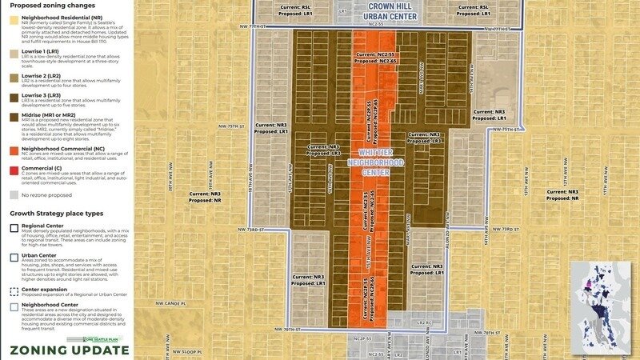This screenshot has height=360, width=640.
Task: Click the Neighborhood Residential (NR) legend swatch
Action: (14, 18)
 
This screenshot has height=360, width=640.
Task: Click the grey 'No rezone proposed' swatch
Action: (14, 172)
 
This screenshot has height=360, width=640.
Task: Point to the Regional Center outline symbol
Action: (14, 226)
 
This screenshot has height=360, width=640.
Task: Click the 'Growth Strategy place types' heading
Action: (56, 214)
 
